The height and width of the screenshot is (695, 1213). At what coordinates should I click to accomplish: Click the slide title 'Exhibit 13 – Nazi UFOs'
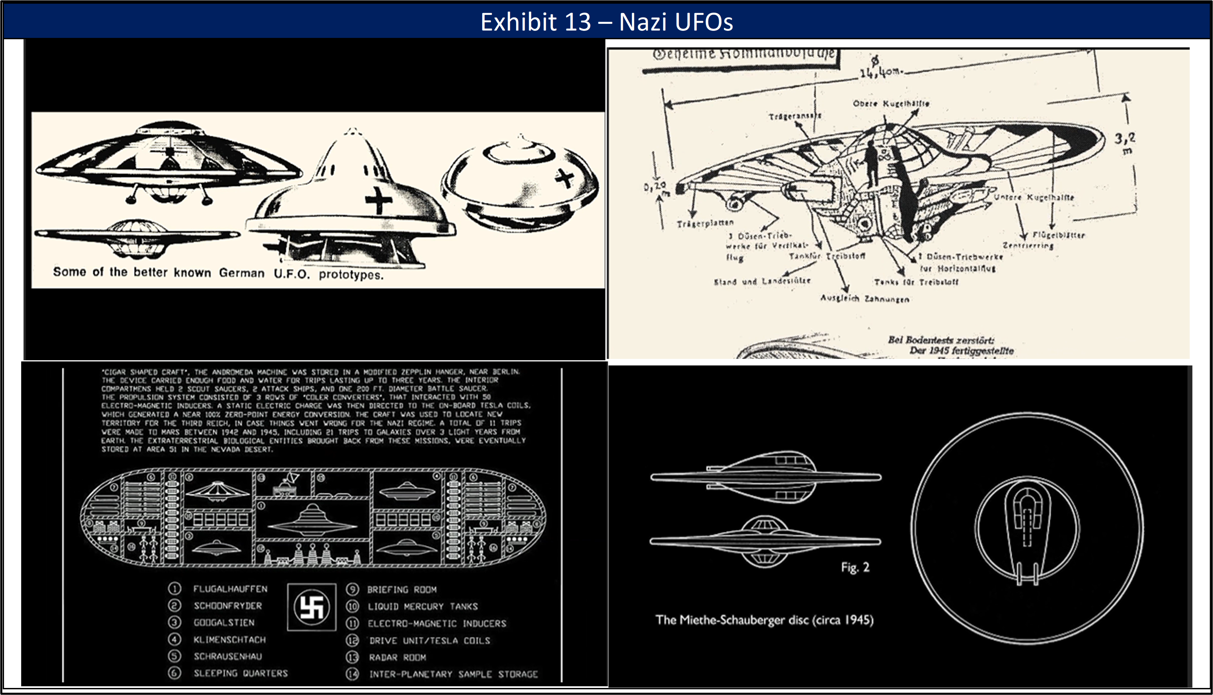click(606, 22)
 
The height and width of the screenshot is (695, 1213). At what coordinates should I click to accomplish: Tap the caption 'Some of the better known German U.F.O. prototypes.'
click(218, 273)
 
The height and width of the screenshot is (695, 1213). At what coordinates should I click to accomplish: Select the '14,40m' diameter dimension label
click(879, 71)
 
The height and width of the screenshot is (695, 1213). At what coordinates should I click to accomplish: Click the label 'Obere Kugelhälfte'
click(891, 104)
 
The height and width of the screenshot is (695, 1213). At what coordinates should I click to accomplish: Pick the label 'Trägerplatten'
click(705, 223)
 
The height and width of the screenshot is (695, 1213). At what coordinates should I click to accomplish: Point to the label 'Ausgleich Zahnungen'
click(864, 299)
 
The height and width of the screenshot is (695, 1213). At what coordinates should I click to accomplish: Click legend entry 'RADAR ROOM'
click(397, 657)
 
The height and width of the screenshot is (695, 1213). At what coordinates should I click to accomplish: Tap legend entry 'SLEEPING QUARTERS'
click(240, 673)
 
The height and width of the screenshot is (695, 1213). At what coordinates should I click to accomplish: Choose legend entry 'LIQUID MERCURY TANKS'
click(422, 606)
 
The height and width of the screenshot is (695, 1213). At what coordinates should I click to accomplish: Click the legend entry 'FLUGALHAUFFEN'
click(230, 589)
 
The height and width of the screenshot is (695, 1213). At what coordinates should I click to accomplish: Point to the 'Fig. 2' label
click(855, 568)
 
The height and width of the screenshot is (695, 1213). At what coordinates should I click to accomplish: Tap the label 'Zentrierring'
click(1028, 246)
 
